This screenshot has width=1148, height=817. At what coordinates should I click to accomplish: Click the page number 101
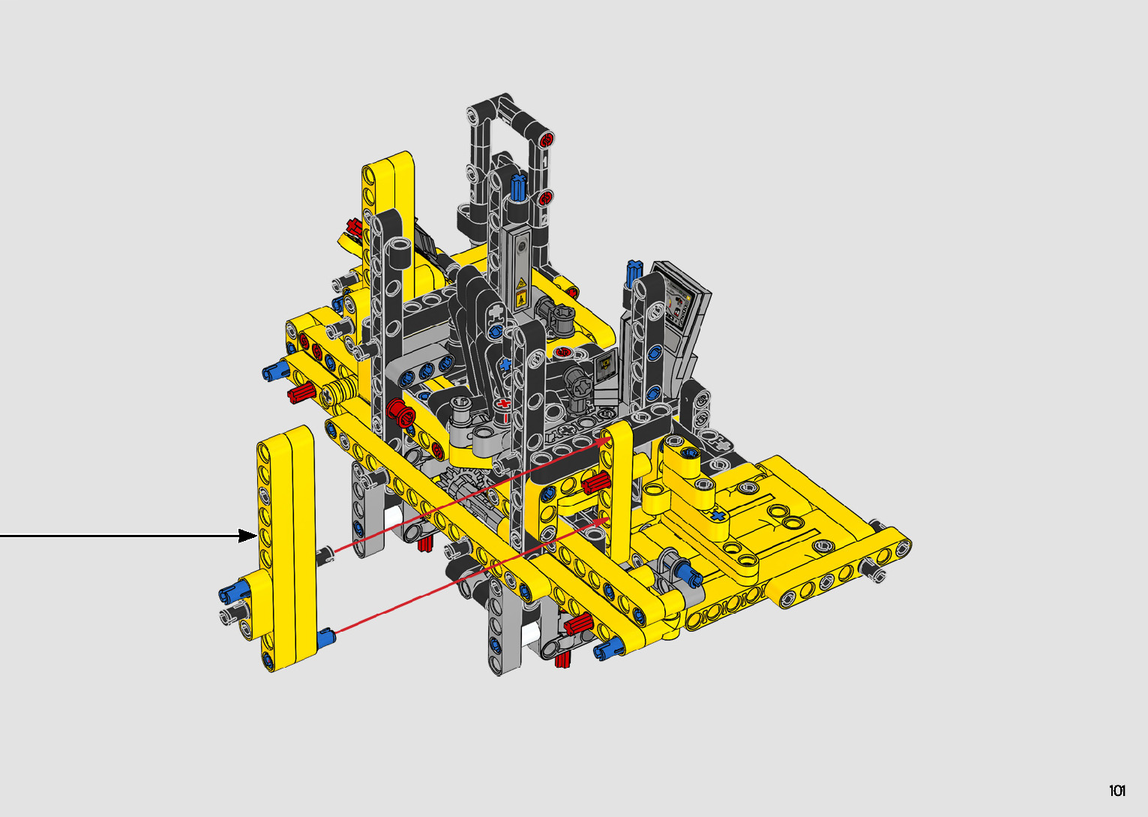click(x=1117, y=790)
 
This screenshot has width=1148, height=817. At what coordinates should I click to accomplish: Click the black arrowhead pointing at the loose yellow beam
click(x=248, y=536)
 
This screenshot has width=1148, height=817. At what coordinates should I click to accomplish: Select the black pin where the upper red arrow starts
click(x=325, y=555)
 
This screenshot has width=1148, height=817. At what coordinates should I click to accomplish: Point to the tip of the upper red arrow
click(x=610, y=437)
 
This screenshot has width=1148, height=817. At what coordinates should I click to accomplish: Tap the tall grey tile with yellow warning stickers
click(x=517, y=269)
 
